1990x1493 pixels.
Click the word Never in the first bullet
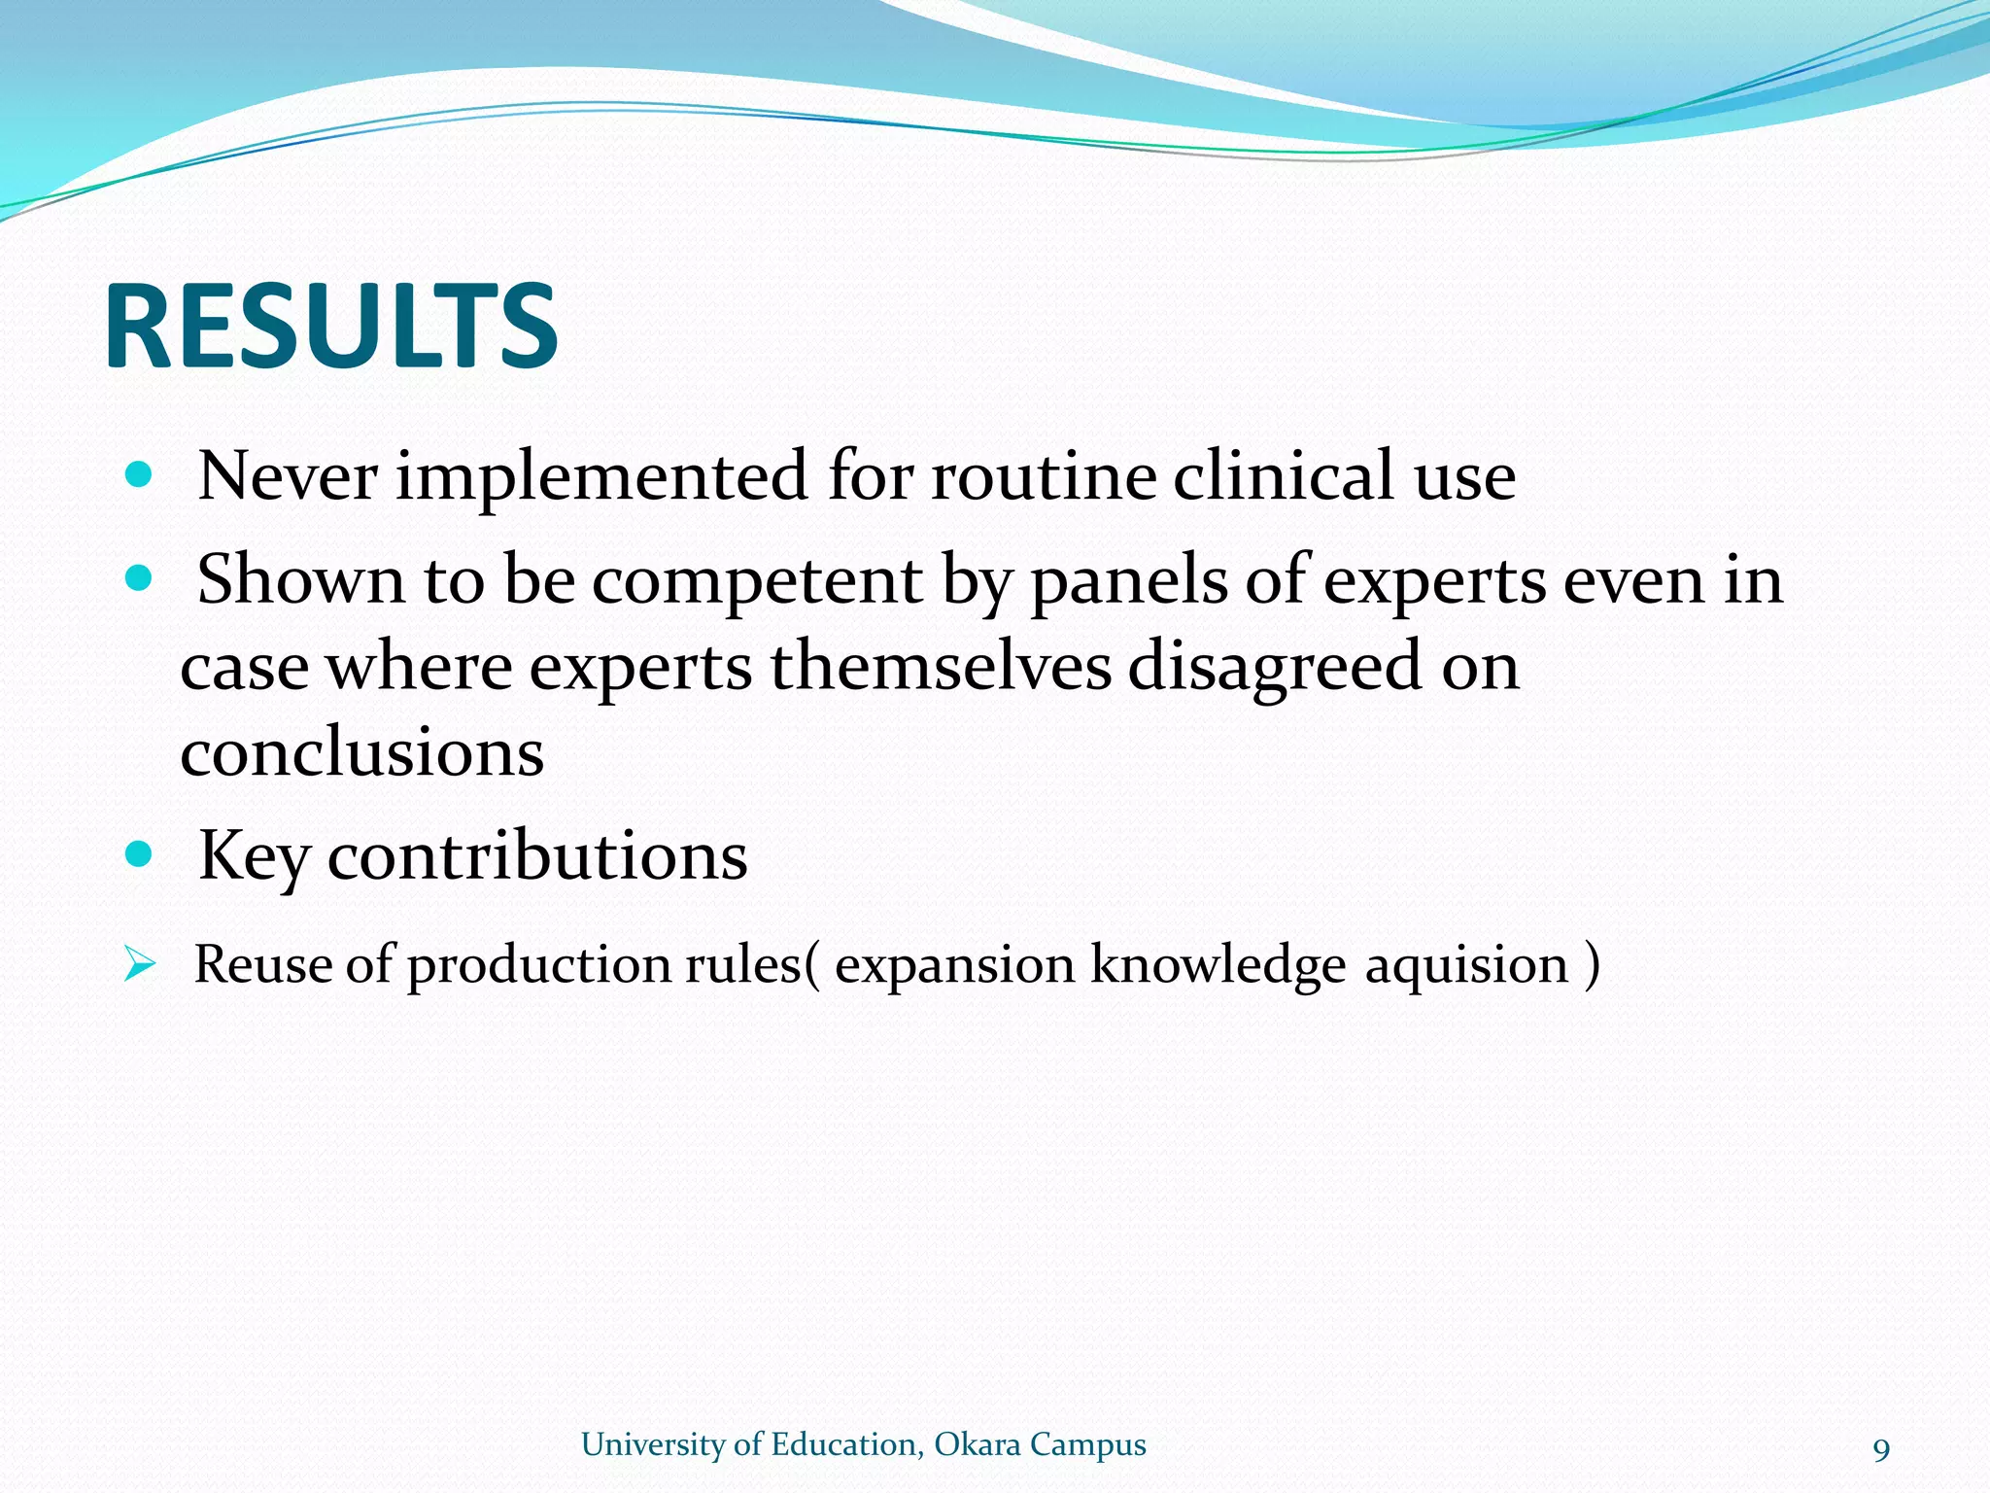288,476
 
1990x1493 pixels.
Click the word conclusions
361,753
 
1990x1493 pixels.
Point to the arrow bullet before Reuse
140,965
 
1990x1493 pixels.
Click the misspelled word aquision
1466,965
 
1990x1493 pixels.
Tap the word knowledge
1218,965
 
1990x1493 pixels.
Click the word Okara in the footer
978,1444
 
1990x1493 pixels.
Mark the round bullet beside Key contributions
140,854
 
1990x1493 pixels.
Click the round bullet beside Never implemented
140,474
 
